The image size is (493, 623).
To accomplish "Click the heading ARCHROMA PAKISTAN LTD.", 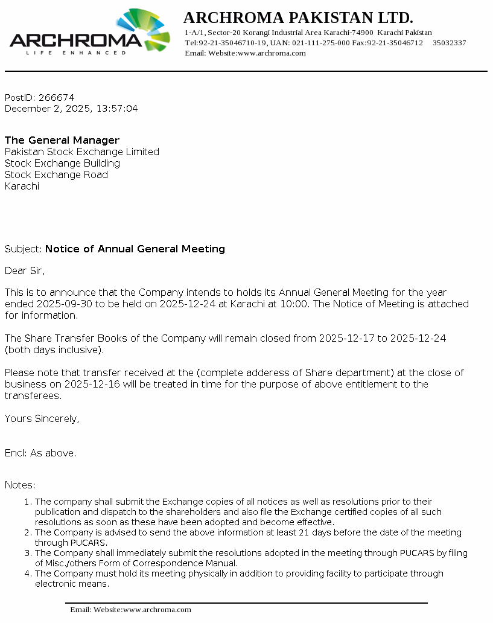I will point(298,17).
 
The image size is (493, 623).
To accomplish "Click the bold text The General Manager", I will point(62,140).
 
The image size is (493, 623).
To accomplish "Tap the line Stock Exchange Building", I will point(62,163).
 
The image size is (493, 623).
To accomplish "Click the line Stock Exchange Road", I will point(56,174).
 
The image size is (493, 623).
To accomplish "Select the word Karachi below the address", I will point(22,186).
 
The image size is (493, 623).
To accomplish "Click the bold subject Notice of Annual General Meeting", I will point(135,249).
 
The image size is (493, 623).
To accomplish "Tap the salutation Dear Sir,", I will point(25,270).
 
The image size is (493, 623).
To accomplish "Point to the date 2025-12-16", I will point(106,384).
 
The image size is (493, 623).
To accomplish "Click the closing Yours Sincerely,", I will point(42,418).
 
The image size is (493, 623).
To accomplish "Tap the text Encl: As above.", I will point(40,453).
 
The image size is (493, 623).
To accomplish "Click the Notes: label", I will point(20,485).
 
